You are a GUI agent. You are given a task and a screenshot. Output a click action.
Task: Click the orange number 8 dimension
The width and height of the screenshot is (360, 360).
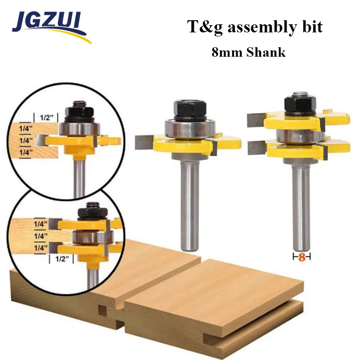click(302, 257)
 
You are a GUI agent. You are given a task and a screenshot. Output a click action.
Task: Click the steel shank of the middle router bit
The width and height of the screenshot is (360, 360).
click(189, 202)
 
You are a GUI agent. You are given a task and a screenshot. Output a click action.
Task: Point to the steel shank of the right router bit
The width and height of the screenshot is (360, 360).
click(301, 202)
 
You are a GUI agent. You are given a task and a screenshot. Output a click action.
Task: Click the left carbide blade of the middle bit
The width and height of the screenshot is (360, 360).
click(144, 141)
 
